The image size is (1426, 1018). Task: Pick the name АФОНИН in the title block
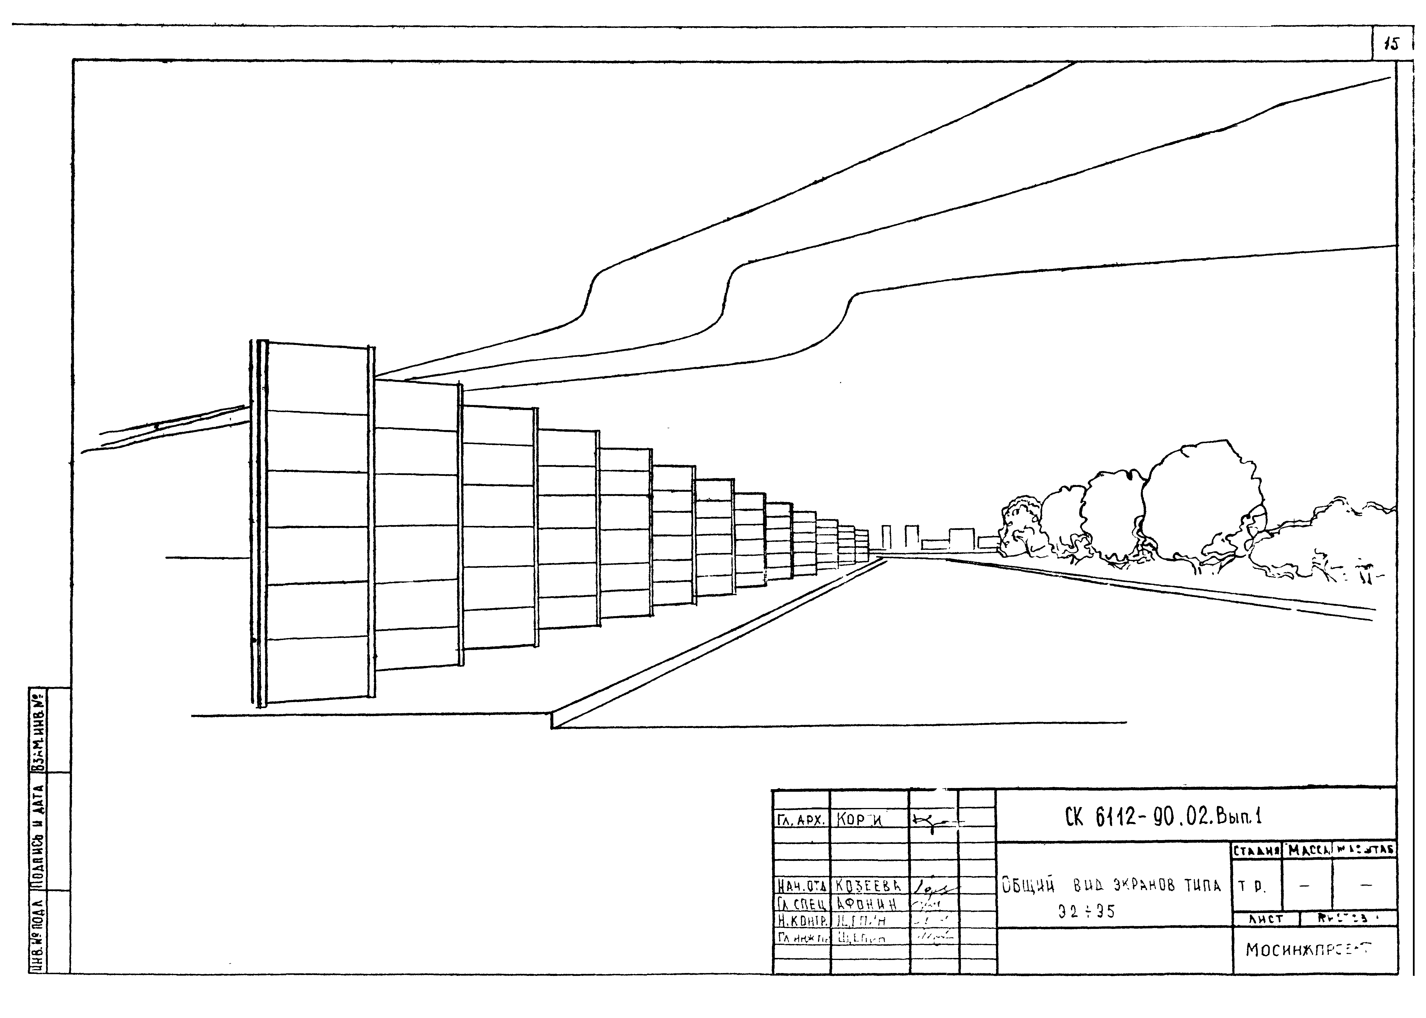868,903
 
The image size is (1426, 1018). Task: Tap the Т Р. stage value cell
1254,886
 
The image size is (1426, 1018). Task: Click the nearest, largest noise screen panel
317,523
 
